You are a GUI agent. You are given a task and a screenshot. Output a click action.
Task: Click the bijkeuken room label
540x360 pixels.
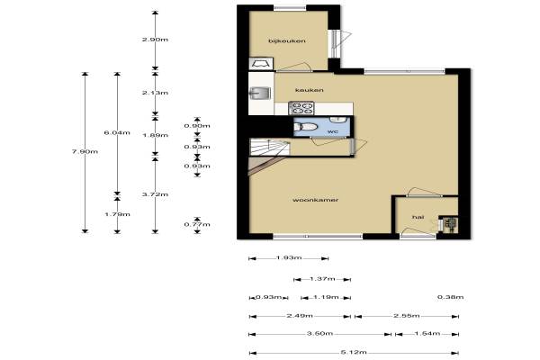coord(287,41)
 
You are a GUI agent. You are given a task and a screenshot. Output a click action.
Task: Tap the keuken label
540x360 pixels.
coord(310,90)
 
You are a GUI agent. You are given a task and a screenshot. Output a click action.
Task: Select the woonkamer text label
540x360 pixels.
coord(316,200)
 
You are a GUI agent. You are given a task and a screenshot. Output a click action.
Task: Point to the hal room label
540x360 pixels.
coord(418,217)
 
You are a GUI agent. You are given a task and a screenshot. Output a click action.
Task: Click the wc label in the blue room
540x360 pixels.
coord(333,131)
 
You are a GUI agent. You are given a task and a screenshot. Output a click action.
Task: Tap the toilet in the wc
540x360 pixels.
coord(305,127)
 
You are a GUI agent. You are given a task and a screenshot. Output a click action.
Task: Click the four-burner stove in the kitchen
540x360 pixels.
coord(301,108)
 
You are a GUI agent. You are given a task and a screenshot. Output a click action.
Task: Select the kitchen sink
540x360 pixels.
coord(261,93)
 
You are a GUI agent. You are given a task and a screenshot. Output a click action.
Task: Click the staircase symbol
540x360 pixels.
coord(269,148)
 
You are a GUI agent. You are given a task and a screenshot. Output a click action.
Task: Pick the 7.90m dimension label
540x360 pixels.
coord(85,151)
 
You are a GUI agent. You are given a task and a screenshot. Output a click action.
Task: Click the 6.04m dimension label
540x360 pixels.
coord(117,132)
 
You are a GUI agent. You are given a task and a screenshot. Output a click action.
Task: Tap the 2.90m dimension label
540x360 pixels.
coord(155,40)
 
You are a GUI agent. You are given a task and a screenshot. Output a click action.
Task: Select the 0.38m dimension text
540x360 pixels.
coord(451,297)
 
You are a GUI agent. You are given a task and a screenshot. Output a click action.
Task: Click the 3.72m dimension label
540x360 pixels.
coord(155,194)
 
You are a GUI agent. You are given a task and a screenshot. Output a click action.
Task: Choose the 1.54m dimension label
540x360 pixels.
coord(427,334)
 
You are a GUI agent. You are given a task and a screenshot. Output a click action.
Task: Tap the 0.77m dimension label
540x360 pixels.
coord(197,225)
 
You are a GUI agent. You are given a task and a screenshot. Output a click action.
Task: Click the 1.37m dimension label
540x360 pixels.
coord(322,279)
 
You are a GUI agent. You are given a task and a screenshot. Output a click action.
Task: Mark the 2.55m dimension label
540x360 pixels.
coord(407,316)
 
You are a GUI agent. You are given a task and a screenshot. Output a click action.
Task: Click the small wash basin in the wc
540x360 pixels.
coord(338,120)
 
